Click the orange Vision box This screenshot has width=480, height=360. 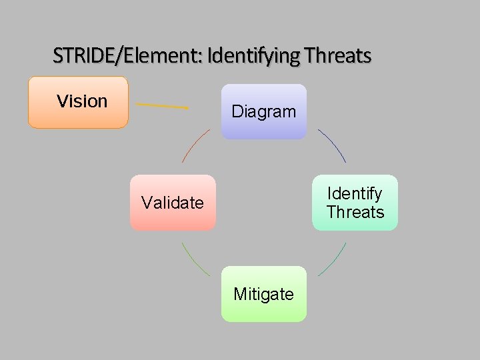(78, 102)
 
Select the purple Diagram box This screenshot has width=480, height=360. (264, 111)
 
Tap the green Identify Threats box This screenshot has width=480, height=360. (355, 203)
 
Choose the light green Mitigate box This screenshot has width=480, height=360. (264, 294)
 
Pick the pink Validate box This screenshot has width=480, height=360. (173, 203)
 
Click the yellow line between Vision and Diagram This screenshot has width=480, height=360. (162, 105)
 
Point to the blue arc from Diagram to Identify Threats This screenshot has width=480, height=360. (333, 145)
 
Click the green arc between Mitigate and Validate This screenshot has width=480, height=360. (194, 260)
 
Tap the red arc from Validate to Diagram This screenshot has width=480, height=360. (195, 145)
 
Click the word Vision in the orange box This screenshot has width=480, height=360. (82, 101)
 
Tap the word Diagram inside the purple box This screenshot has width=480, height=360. (264, 111)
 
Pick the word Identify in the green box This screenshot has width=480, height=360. (355, 193)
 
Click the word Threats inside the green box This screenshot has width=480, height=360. (355, 212)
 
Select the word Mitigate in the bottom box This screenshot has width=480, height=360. (264, 294)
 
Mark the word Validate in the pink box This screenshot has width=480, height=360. (173, 203)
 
